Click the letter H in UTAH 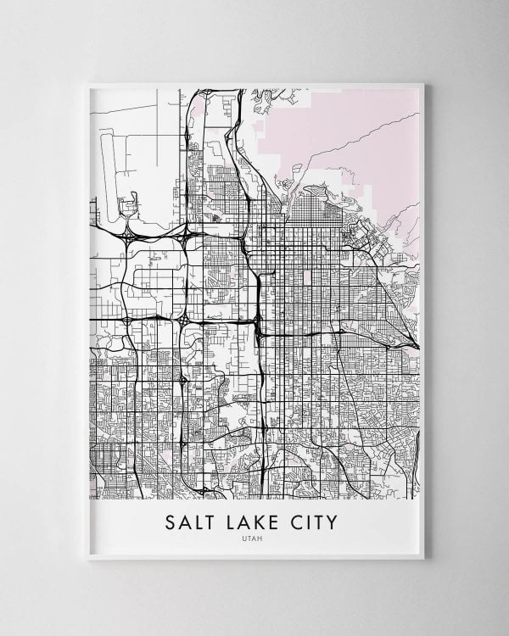(263, 536)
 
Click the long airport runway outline (109, 161)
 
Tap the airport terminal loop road (130, 204)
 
